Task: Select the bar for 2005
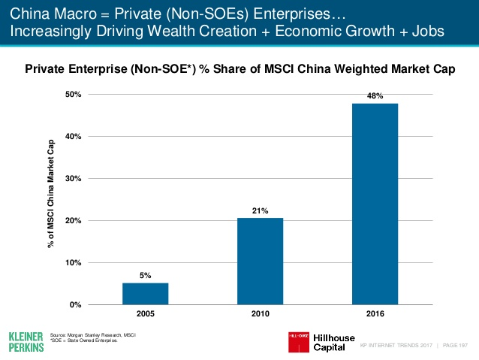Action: coord(146,294)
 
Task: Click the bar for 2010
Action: coord(260,262)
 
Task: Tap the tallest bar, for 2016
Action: coord(375,204)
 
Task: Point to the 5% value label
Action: coord(146,276)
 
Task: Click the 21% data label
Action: coord(260,210)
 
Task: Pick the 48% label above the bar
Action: coord(375,96)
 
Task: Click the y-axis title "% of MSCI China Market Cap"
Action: coord(52,199)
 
